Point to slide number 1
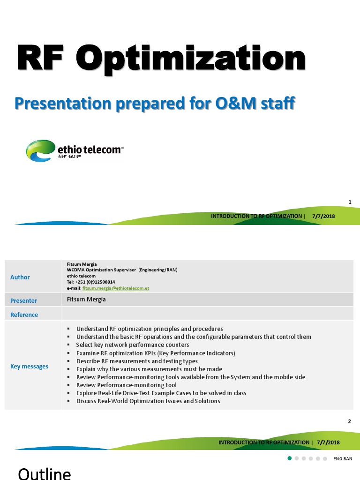click(350, 202)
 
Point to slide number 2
click(350, 421)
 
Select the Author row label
click(20, 277)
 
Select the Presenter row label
click(23, 300)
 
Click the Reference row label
click(24, 315)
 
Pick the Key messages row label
click(29, 366)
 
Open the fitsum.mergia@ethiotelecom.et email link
click(115, 288)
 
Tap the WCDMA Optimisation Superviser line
click(122, 270)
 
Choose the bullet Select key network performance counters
click(133, 345)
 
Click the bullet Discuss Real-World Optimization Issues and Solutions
click(148, 401)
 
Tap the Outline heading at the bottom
click(45, 473)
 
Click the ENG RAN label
click(343, 458)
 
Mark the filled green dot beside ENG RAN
click(290, 458)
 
